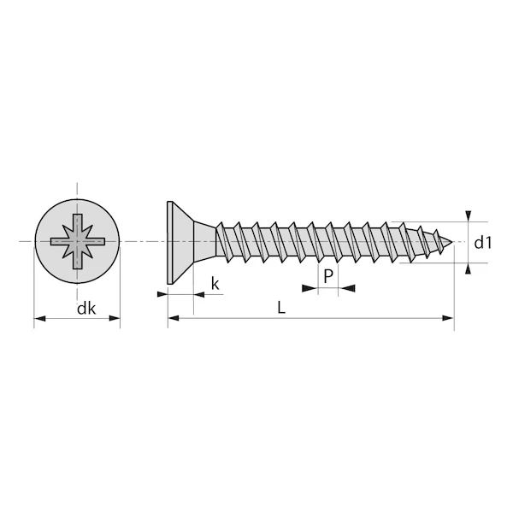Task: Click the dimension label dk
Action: [85, 309]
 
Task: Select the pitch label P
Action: [327, 275]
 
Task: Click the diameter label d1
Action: [484, 243]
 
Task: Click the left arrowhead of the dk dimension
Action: [39, 320]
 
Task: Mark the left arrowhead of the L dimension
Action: [174, 319]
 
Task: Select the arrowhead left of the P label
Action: [310, 289]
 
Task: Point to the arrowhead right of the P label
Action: [348, 289]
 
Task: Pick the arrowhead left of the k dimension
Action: [162, 294]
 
